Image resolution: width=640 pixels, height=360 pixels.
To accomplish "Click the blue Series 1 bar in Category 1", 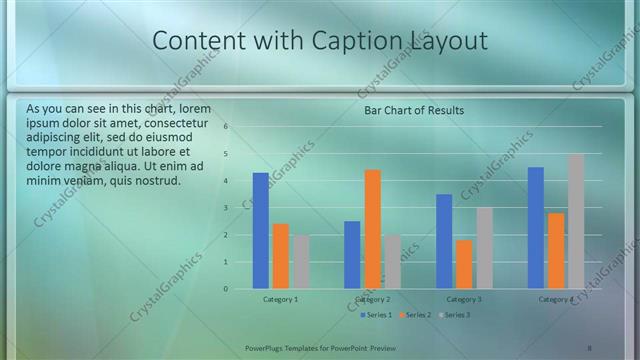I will [x=260, y=231].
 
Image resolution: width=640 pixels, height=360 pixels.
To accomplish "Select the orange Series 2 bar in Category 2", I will [x=372, y=229].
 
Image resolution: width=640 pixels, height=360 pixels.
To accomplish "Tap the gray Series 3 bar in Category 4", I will [x=576, y=221].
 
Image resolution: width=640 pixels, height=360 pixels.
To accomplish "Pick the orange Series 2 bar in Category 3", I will [x=464, y=264].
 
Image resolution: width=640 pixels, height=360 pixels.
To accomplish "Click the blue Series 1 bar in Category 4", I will [x=536, y=228].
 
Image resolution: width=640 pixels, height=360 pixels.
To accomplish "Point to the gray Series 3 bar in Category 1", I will [x=300, y=262].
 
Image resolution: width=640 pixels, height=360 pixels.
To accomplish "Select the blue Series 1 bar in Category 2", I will [x=352, y=255].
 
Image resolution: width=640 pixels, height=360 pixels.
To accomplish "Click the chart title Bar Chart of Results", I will [x=413, y=110].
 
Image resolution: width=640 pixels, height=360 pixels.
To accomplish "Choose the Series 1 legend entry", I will [x=377, y=315].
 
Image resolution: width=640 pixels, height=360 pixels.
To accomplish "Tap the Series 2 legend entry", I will [x=416, y=315].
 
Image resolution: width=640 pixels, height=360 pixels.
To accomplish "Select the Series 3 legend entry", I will [x=455, y=315].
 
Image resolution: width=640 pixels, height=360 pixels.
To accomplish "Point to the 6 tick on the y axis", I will [x=227, y=127].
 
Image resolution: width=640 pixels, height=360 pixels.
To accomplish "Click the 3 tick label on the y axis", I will [x=227, y=208].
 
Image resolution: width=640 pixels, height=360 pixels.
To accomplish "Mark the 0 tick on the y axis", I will [x=227, y=289].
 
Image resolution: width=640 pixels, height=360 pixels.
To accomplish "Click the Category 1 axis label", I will [x=280, y=299].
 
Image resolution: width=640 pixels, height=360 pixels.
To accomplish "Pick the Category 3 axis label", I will [x=464, y=299].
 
